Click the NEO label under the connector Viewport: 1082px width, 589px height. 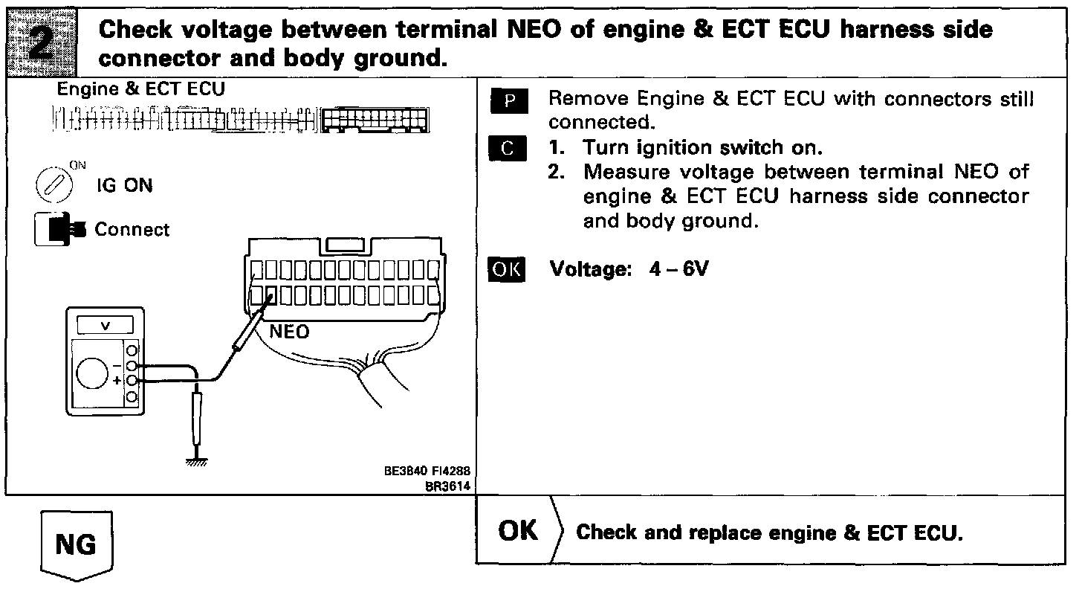[289, 332]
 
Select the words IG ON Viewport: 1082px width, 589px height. [124, 186]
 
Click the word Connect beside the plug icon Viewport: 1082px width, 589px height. [132, 230]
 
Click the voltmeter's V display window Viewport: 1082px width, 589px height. [105, 325]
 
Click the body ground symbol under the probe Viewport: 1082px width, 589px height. [197, 461]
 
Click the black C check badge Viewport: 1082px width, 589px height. [508, 149]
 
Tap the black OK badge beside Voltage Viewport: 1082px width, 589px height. [506, 269]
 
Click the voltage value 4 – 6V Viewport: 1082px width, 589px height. [678, 268]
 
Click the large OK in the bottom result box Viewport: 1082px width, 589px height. [519, 530]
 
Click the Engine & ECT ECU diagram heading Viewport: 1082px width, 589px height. [141, 90]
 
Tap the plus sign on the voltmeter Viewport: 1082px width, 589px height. [116, 381]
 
